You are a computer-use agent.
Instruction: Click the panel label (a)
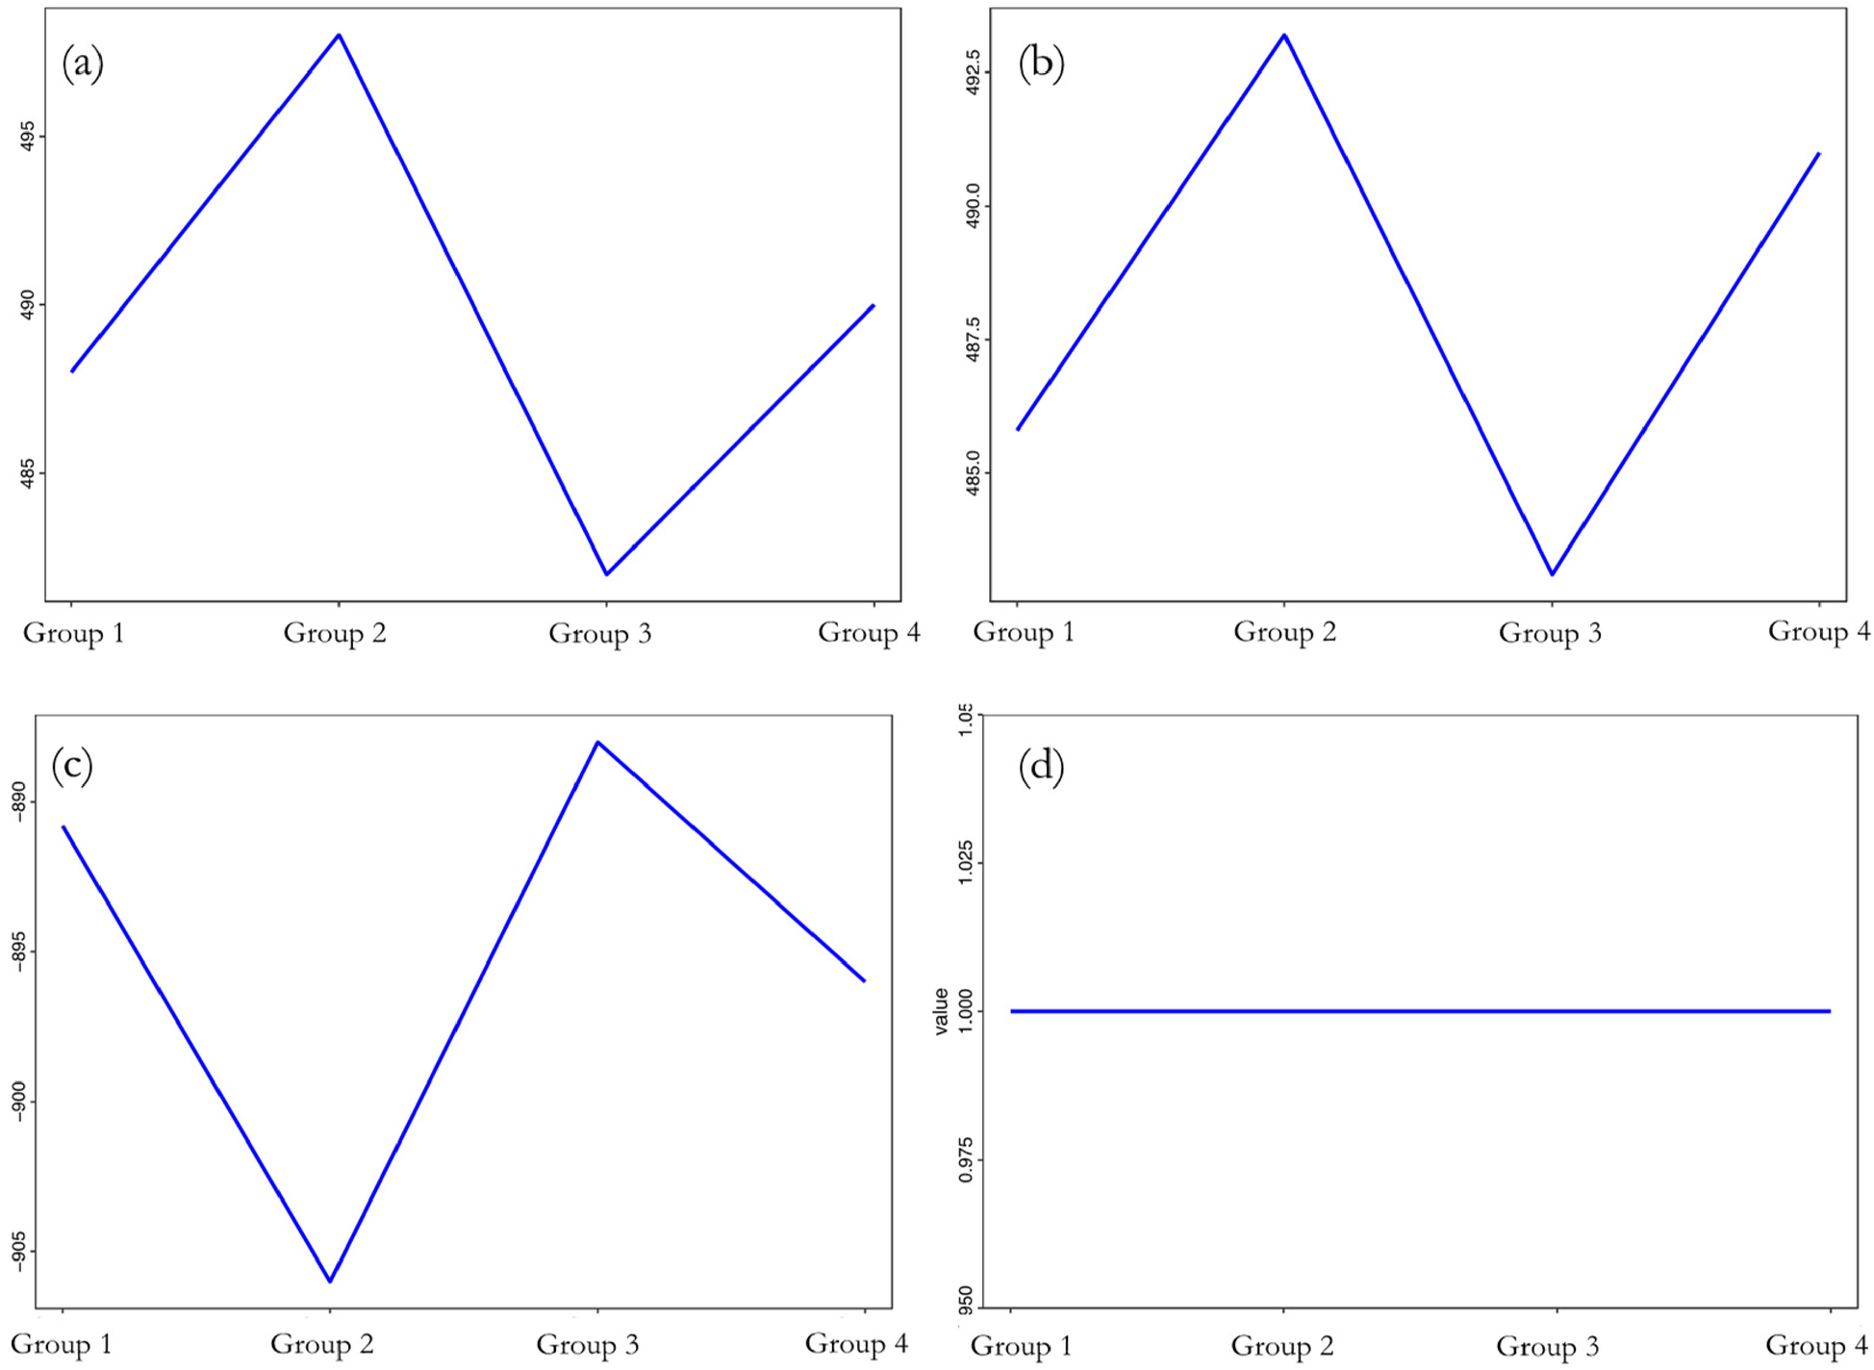(83, 63)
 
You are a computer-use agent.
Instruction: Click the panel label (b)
(1041, 63)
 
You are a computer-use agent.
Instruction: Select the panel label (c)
(72, 767)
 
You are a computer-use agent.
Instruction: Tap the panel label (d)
(1041, 767)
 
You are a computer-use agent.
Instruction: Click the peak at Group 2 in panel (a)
(339, 36)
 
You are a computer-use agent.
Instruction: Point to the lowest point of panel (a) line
(606, 574)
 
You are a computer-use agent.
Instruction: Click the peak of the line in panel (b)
(1284, 36)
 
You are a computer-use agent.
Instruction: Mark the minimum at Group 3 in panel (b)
(1552, 574)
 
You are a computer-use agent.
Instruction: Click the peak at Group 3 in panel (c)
(597, 742)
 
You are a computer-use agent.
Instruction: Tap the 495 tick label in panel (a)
(29, 136)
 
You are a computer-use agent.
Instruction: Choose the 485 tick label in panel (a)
(29, 473)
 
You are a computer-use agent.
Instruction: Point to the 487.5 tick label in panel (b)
(974, 340)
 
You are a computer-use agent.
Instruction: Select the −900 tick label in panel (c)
(18, 1103)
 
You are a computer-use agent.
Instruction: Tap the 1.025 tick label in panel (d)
(966, 863)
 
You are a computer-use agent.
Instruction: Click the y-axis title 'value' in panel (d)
(942, 1011)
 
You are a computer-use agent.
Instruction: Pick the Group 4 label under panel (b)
(1819, 632)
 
